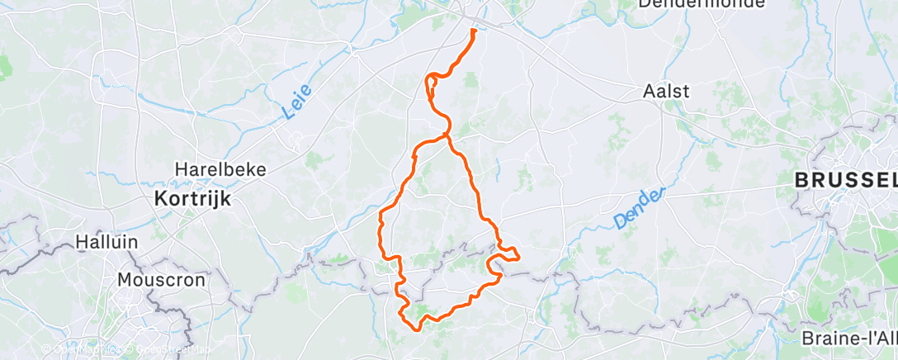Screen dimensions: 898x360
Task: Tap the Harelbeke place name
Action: pyautogui.click(x=220, y=169)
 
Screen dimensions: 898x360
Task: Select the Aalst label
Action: pyautogui.click(x=666, y=92)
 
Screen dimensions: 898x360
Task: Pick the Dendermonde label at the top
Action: pyautogui.click(x=688, y=4)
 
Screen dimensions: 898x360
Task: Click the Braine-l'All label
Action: pyautogui.click(x=848, y=339)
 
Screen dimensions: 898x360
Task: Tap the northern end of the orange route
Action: pyautogui.click(x=475, y=31)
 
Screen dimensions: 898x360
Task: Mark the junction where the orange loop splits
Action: pyautogui.click(x=447, y=134)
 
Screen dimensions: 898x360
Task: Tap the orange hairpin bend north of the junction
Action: pyautogui.click(x=428, y=80)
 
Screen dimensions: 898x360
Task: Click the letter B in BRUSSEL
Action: pyautogui.click(x=801, y=179)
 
